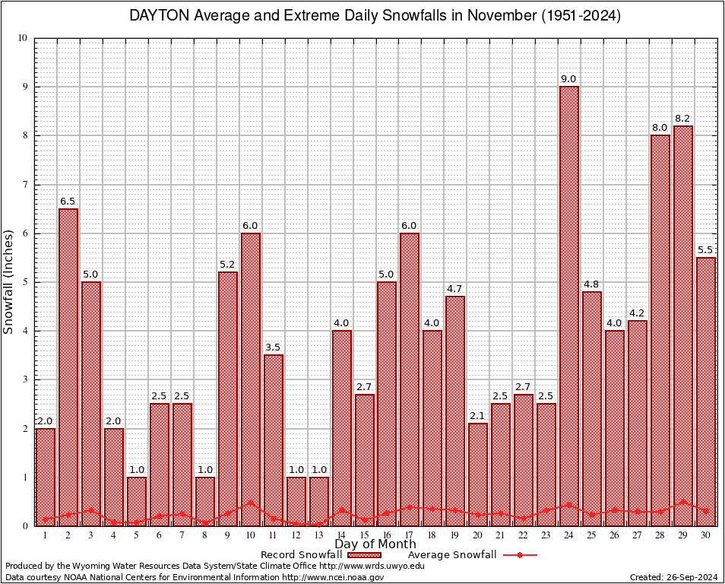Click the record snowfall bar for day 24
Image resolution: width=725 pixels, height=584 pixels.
(569, 304)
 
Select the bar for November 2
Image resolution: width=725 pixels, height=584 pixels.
(68, 365)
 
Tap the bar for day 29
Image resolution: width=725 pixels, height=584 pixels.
(683, 327)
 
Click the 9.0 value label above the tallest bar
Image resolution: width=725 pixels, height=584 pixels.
(568, 79)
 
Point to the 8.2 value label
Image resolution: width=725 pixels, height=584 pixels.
(682, 119)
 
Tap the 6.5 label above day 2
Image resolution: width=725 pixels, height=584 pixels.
(68, 202)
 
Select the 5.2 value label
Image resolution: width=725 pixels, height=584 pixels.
(227, 265)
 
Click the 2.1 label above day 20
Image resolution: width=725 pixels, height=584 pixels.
(477, 416)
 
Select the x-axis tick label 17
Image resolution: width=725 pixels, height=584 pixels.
(410, 535)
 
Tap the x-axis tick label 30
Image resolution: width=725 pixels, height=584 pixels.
(706, 535)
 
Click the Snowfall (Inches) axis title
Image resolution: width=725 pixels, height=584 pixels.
(9, 282)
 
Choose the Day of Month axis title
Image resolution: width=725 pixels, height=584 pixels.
(375, 544)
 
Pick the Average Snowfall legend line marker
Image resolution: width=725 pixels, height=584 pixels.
(519, 555)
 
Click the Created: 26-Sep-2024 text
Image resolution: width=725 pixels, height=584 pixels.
(673, 577)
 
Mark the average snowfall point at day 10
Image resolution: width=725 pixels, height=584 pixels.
(250, 502)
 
